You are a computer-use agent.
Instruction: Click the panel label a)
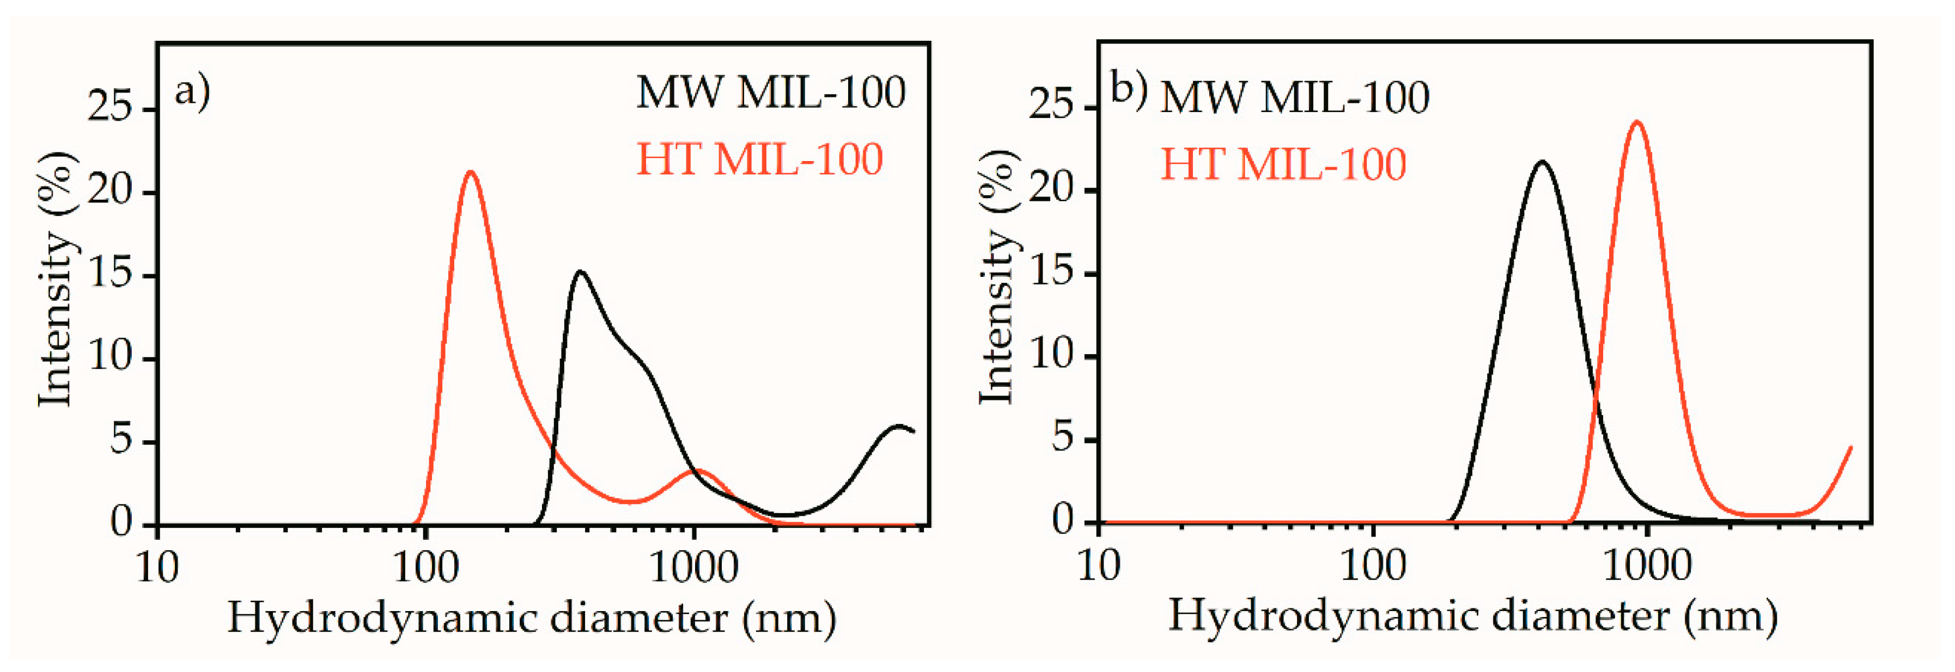tap(192, 93)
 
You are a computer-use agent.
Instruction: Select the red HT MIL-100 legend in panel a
tap(759, 159)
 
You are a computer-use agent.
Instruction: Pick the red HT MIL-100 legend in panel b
tap(1283, 164)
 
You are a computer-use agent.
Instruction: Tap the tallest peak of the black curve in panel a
tap(581, 272)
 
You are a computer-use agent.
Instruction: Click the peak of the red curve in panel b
tap(1637, 122)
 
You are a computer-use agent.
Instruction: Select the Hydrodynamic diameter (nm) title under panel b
tap(1472, 616)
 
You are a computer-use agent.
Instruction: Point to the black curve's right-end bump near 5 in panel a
tap(899, 427)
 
